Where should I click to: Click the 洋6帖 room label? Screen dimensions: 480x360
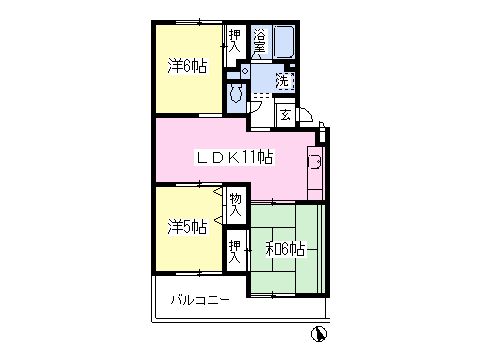[x=187, y=67]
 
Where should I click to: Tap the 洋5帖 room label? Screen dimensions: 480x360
[x=187, y=227]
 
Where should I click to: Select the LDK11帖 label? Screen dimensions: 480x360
[x=235, y=157]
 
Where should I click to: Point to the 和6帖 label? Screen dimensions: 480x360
[x=285, y=249]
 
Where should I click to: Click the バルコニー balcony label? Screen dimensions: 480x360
[x=200, y=300]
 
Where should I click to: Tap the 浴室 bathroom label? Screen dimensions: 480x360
[x=260, y=41]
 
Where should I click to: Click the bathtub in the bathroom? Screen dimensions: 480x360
[x=284, y=42]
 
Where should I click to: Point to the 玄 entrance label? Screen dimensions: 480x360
[x=285, y=116]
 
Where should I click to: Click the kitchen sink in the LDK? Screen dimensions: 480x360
[x=315, y=162]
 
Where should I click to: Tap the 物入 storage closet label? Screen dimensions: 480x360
[x=236, y=205]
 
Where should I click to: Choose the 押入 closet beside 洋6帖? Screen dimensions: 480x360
[x=235, y=41]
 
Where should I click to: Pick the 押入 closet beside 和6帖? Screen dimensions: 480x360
[x=235, y=251]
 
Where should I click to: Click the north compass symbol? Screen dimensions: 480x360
[x=319, y=334]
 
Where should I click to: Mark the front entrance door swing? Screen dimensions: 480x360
[x=306, y=115]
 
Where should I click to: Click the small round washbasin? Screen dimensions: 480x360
[x=245, y=71]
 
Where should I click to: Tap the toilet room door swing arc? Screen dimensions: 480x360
[x=255, y=107]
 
